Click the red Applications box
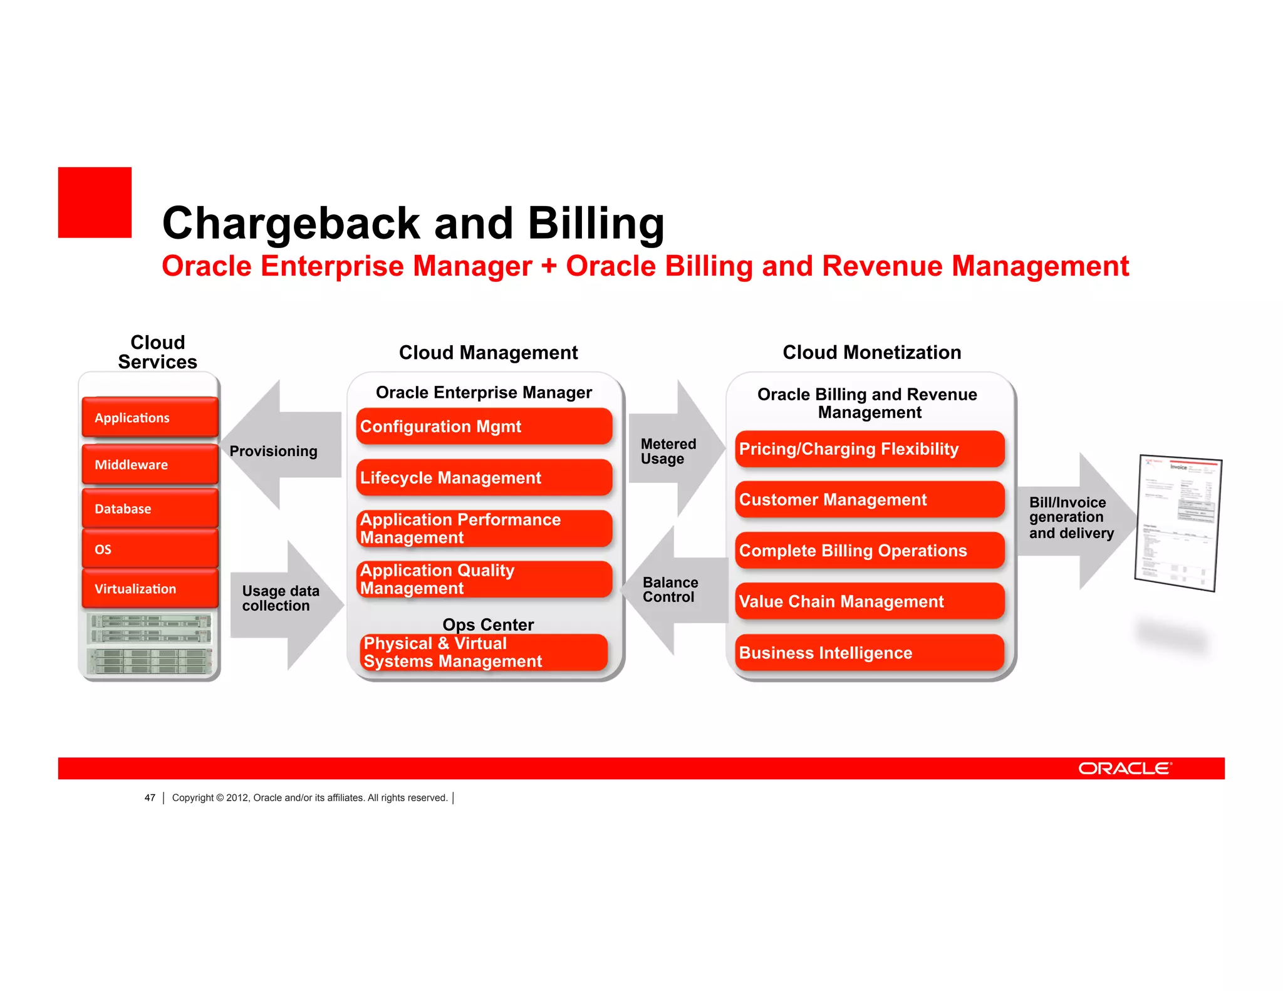(150, 417)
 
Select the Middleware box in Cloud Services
(150, 464)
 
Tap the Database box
(150, 508)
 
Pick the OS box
(150, 549)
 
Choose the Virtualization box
(150, 588)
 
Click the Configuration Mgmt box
(484, 427)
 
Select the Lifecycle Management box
(484, 477)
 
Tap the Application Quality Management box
(484, 579)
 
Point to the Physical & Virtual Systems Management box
(484, 652)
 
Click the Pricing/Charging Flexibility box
(870, 449)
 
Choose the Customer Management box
(870, 499)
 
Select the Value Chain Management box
(870, 601)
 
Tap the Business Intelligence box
(870, 652)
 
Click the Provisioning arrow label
(273, 451)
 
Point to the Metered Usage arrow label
(668, 451)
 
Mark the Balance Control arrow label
(670, 589)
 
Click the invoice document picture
(1178, 523)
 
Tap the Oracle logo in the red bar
(1125, 768)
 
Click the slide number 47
(150, 797)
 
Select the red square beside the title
(95, 202)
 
